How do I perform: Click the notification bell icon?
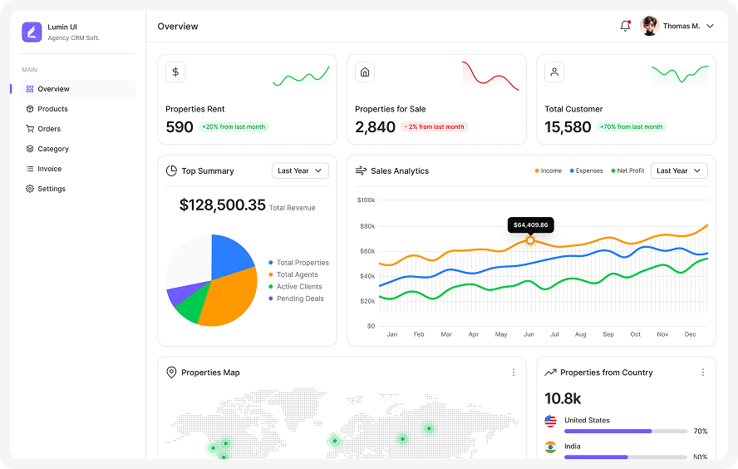coord(625,26)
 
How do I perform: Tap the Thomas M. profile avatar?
coord(650,26)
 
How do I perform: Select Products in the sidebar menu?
coord(52,109)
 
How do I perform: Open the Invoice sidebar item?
coord(49,169)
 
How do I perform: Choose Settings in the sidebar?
coord(51,189)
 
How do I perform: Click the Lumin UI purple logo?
coord(32,32)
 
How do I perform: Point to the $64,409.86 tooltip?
coord(530,225)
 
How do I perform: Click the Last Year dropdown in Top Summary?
coord(300,170)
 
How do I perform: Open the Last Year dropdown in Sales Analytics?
coord(679,170)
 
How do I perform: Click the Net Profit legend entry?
coord(629,170)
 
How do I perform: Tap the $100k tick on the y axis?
coord(367,200)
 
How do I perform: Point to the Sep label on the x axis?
coord(608,334)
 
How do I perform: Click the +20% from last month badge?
coord(233,127)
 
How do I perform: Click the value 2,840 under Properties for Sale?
coord(375,127)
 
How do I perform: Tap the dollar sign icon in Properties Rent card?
coord(175,72)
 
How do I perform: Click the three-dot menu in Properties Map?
coord(514,373)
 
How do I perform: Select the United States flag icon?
coord(550,421)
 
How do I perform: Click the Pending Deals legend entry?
coord(299,299)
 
